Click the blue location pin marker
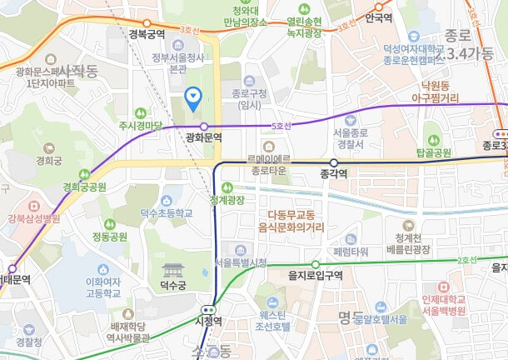click(x=193, y=99)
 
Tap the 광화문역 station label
click(x=203, y=136)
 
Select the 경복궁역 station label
click(x=147, y=34)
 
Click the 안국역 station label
click(x=379, y=17)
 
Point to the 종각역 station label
click(x=333, y=174)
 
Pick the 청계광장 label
click(x=227, y=200)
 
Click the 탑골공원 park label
click(x=433, y=153)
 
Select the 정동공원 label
click(x=109, y=236)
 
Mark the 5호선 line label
click(x=282, y=126)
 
